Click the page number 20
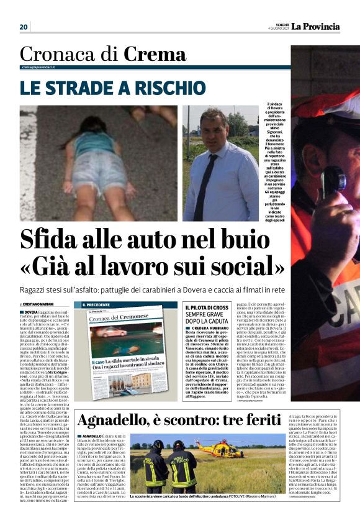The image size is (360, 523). tap(24, 27)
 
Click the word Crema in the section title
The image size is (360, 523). tap(155, 55)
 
